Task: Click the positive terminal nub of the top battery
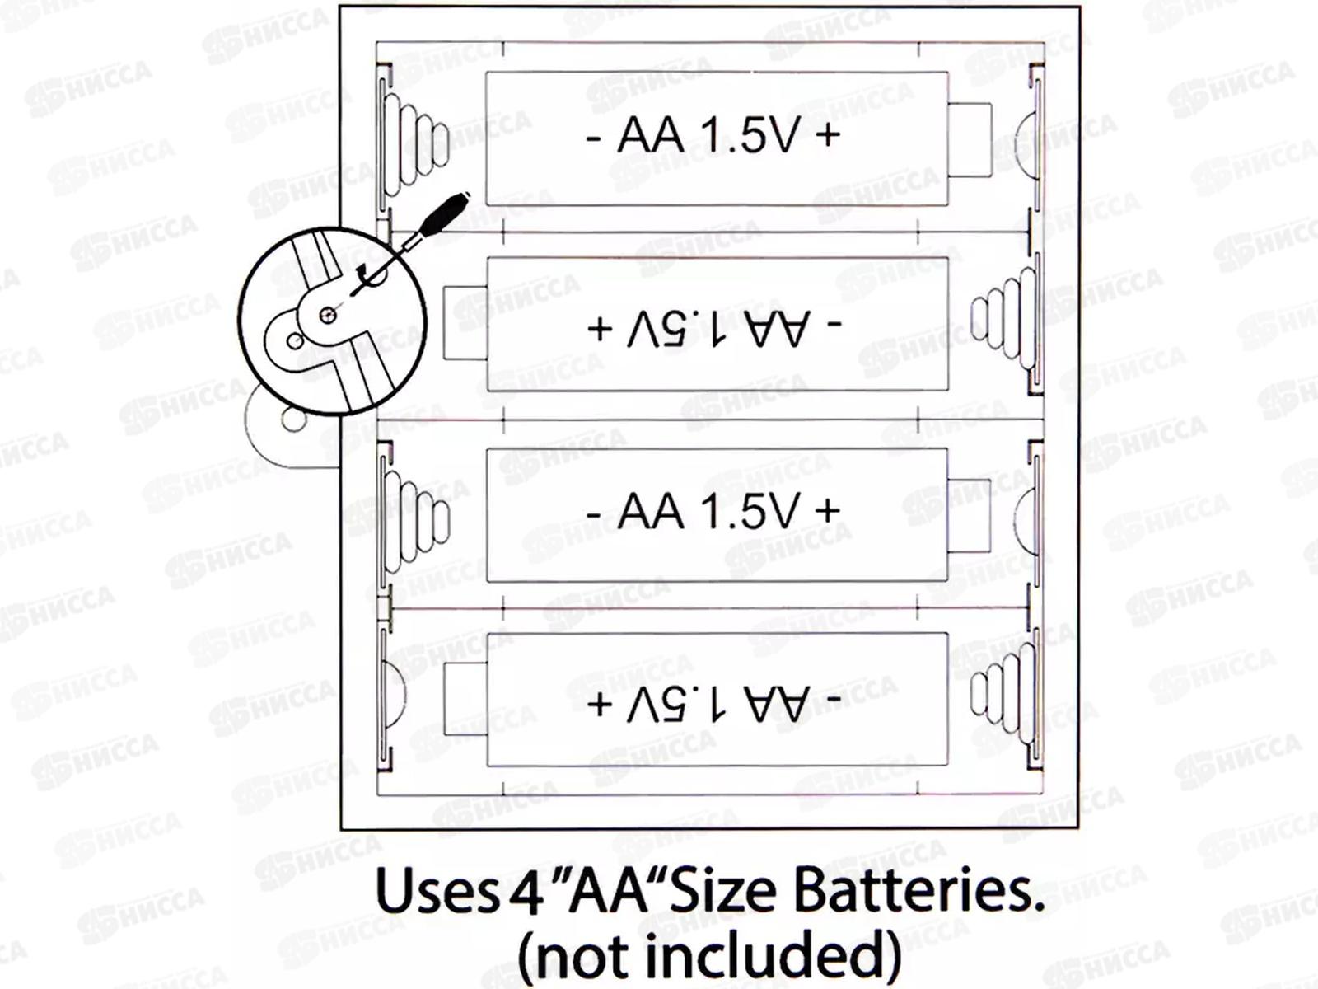point(970,139)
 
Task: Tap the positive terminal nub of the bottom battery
point(465,699)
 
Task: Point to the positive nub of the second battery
point(465,322)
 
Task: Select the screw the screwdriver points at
point(328,314)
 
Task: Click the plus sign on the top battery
point(827,135)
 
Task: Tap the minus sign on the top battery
point(593,137)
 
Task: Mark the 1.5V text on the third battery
point(750,512)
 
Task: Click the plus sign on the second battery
point(600,328)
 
